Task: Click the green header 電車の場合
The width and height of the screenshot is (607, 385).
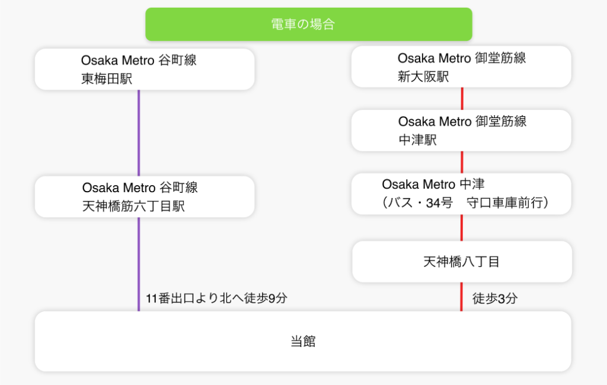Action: click(308, 24)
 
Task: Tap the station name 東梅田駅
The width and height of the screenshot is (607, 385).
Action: click(107, 79)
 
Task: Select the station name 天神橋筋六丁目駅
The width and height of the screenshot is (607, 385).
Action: click(133, 206)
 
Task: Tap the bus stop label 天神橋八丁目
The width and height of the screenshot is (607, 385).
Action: click(462, 262)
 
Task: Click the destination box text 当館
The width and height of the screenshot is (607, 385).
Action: click(303, 342)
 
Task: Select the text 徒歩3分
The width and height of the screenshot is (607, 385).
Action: click(495, 299)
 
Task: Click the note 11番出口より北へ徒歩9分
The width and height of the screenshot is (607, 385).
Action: click(216, 298)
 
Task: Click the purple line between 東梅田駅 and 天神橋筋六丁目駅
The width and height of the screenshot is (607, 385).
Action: click(139, 133)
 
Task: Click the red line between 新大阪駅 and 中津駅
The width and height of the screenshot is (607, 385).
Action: click(462, 98)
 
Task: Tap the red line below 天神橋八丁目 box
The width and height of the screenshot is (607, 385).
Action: click(462, 297)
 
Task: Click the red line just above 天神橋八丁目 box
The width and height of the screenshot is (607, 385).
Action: click(462, 228)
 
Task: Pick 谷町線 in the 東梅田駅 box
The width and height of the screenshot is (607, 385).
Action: click(177, 61)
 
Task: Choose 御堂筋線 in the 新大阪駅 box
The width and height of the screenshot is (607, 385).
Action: click(501, 58)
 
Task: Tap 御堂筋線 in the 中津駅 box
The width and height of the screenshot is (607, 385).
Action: click(501, 122)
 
